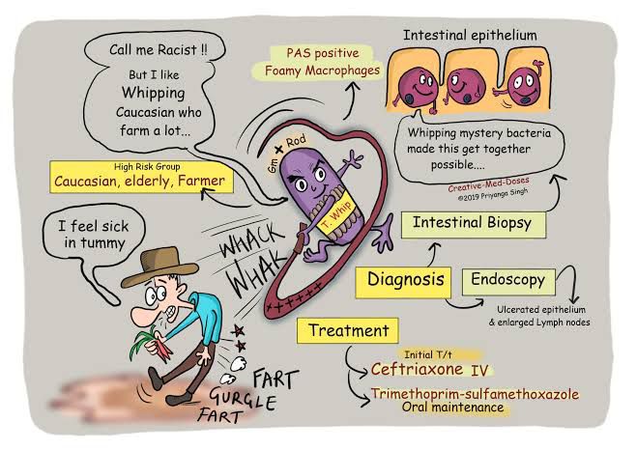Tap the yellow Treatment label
point(348,331)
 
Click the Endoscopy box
point(507,281)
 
